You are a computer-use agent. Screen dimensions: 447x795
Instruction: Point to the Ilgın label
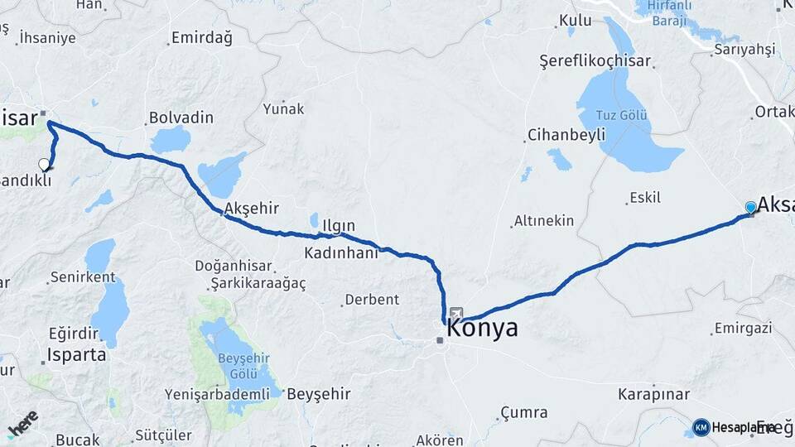[338, 225]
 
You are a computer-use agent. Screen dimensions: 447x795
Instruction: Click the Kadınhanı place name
[340, 252]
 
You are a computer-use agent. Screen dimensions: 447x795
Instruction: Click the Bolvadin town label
[181, 118]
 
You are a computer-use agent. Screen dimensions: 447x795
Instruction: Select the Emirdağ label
[201, 38]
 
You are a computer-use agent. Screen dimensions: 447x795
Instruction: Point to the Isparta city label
[77, 355]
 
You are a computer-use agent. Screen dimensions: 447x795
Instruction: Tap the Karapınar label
[653, 393]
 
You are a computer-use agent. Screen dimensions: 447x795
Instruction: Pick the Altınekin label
[544, 221]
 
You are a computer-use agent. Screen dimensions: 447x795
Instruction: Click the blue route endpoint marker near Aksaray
[750, 207]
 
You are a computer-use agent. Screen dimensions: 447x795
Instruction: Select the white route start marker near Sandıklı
[44, 164]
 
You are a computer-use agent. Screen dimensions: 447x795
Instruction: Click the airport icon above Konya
[456, 314]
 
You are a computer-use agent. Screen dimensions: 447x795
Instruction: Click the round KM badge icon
[701, 427]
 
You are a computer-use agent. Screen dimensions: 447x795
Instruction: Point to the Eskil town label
[644, 198]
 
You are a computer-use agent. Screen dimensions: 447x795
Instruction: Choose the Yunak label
[283, 108]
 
